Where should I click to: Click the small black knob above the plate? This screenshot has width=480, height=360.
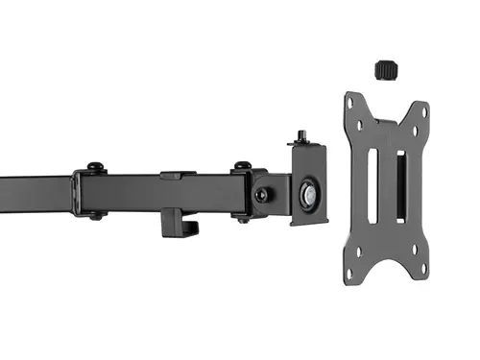tap(385, 70)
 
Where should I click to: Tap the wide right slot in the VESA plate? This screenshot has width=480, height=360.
tap(401, 185)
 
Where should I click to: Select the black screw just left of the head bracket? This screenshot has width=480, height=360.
tap(260, 194)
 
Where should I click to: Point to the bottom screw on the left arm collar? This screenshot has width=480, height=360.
tap(95, 216)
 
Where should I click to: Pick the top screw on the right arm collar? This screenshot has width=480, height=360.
tap(242, 166)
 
